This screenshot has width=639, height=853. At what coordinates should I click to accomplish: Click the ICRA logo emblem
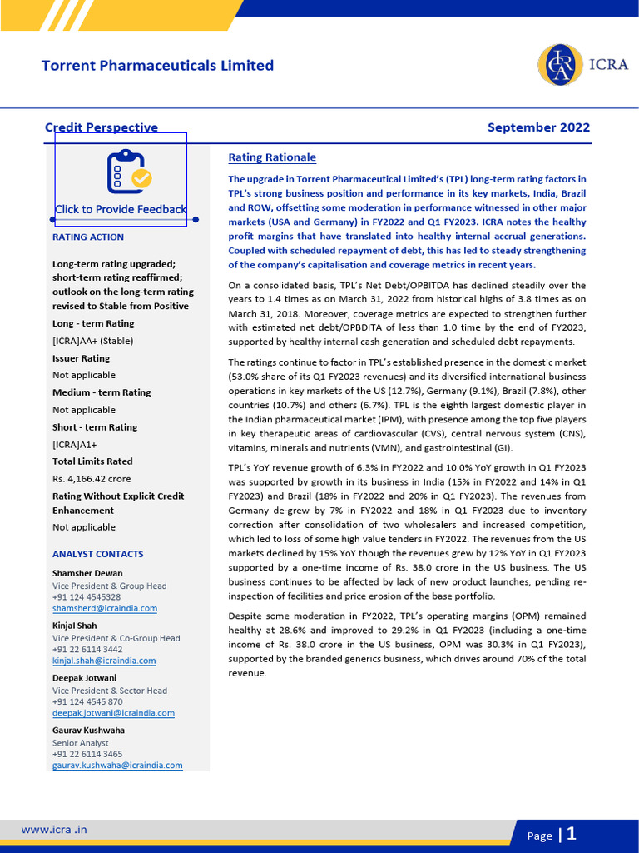click(x=560, y=65)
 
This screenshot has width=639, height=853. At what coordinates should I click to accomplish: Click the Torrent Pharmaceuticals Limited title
click(x=157, y=65)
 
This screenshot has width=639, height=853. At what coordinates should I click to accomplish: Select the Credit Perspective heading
click(x=101, y=127)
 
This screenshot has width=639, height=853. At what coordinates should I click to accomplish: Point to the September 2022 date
click(x=538, y=127)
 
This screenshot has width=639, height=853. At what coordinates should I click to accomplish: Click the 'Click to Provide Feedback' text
click(x=121, y=209)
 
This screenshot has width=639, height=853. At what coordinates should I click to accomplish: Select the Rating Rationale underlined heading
click(x=272, y=157)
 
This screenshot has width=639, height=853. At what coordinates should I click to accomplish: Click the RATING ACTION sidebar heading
click(x=88, y=237)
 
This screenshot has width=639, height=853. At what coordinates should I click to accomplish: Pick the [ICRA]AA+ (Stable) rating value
click(x=92, y=341)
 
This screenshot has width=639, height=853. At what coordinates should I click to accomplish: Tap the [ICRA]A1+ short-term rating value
click(x=76, y=444)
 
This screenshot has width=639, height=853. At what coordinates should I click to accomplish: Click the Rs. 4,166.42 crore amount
click(x=92, y=479)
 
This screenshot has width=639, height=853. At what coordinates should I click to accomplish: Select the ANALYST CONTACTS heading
click(x=97, y=554)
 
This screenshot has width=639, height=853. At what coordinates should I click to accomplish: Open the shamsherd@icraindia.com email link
click(x=104, y=608)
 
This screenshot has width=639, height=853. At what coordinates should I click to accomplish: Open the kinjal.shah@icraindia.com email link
click(x=104, y=661)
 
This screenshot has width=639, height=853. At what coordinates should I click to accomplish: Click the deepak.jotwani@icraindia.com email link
click(x=113, y=713)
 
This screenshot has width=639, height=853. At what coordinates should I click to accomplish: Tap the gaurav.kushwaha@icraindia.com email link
click(x=117, y=765)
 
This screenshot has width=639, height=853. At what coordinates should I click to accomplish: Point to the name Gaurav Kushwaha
click(x=88, y=731)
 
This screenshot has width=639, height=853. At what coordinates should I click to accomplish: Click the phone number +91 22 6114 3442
click(x=87, y=649)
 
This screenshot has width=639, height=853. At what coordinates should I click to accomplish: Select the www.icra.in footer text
click(x=54, y=830)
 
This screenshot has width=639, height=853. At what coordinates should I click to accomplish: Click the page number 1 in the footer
click(x=571, y=834)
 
